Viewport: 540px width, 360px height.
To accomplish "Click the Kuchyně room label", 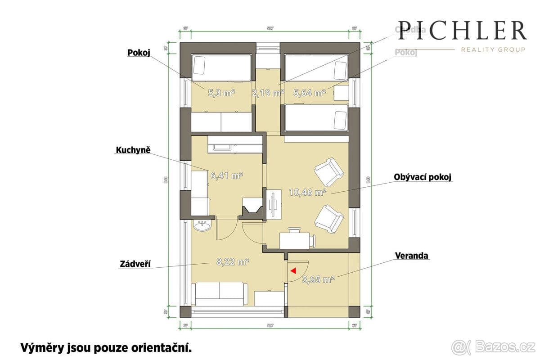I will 133,150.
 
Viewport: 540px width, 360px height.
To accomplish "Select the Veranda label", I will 412,256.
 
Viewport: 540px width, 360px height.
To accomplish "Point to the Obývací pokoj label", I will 423,177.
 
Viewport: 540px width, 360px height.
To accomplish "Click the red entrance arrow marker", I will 293,271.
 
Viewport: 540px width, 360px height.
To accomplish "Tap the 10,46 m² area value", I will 307,193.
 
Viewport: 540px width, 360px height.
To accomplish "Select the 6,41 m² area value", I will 227,176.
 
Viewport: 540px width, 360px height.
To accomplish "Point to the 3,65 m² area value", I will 318,279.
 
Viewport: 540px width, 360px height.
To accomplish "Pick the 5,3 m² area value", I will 221,93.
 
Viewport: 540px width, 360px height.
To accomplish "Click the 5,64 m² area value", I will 310,93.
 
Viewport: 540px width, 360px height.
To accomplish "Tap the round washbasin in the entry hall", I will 201,225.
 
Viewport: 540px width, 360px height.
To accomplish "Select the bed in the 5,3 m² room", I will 221,67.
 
